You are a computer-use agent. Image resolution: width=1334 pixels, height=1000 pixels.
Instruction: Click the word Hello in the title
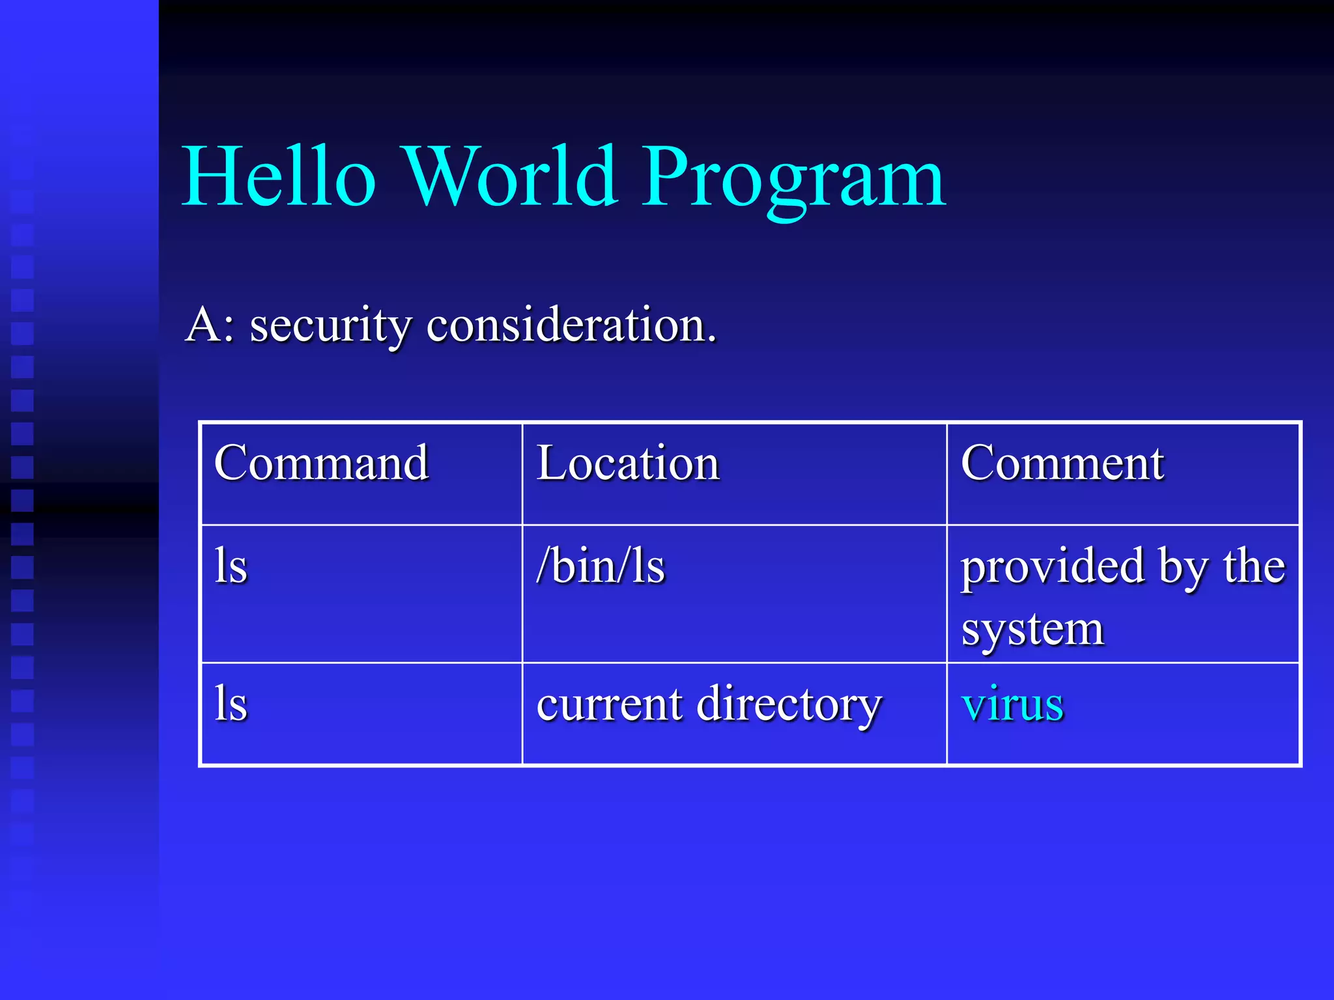pyautogui.click(x=279, y=177)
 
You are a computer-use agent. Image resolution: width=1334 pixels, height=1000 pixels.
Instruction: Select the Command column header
pyautogui.click(x=321, y=463)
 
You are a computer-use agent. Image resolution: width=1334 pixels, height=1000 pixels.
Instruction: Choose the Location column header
pyautogui.click(x=628, y=463)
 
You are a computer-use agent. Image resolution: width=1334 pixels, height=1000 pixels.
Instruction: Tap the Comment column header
pyautogui.click(x=1062, y=463)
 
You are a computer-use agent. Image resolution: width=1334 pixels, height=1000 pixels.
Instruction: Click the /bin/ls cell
pyautogui.click(x=601, y=566)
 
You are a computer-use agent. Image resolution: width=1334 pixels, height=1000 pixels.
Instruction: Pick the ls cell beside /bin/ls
pyautogui.click(x=231, y=566)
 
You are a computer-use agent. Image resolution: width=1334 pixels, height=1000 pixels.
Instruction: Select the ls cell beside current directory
pyautogui.click(x=231, y=704)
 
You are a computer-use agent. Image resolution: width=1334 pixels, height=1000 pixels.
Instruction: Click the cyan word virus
pyautogui.click(x=1013, y=704)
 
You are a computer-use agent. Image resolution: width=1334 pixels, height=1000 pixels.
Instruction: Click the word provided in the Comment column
pyautogui.click(x=1053, y=566)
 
